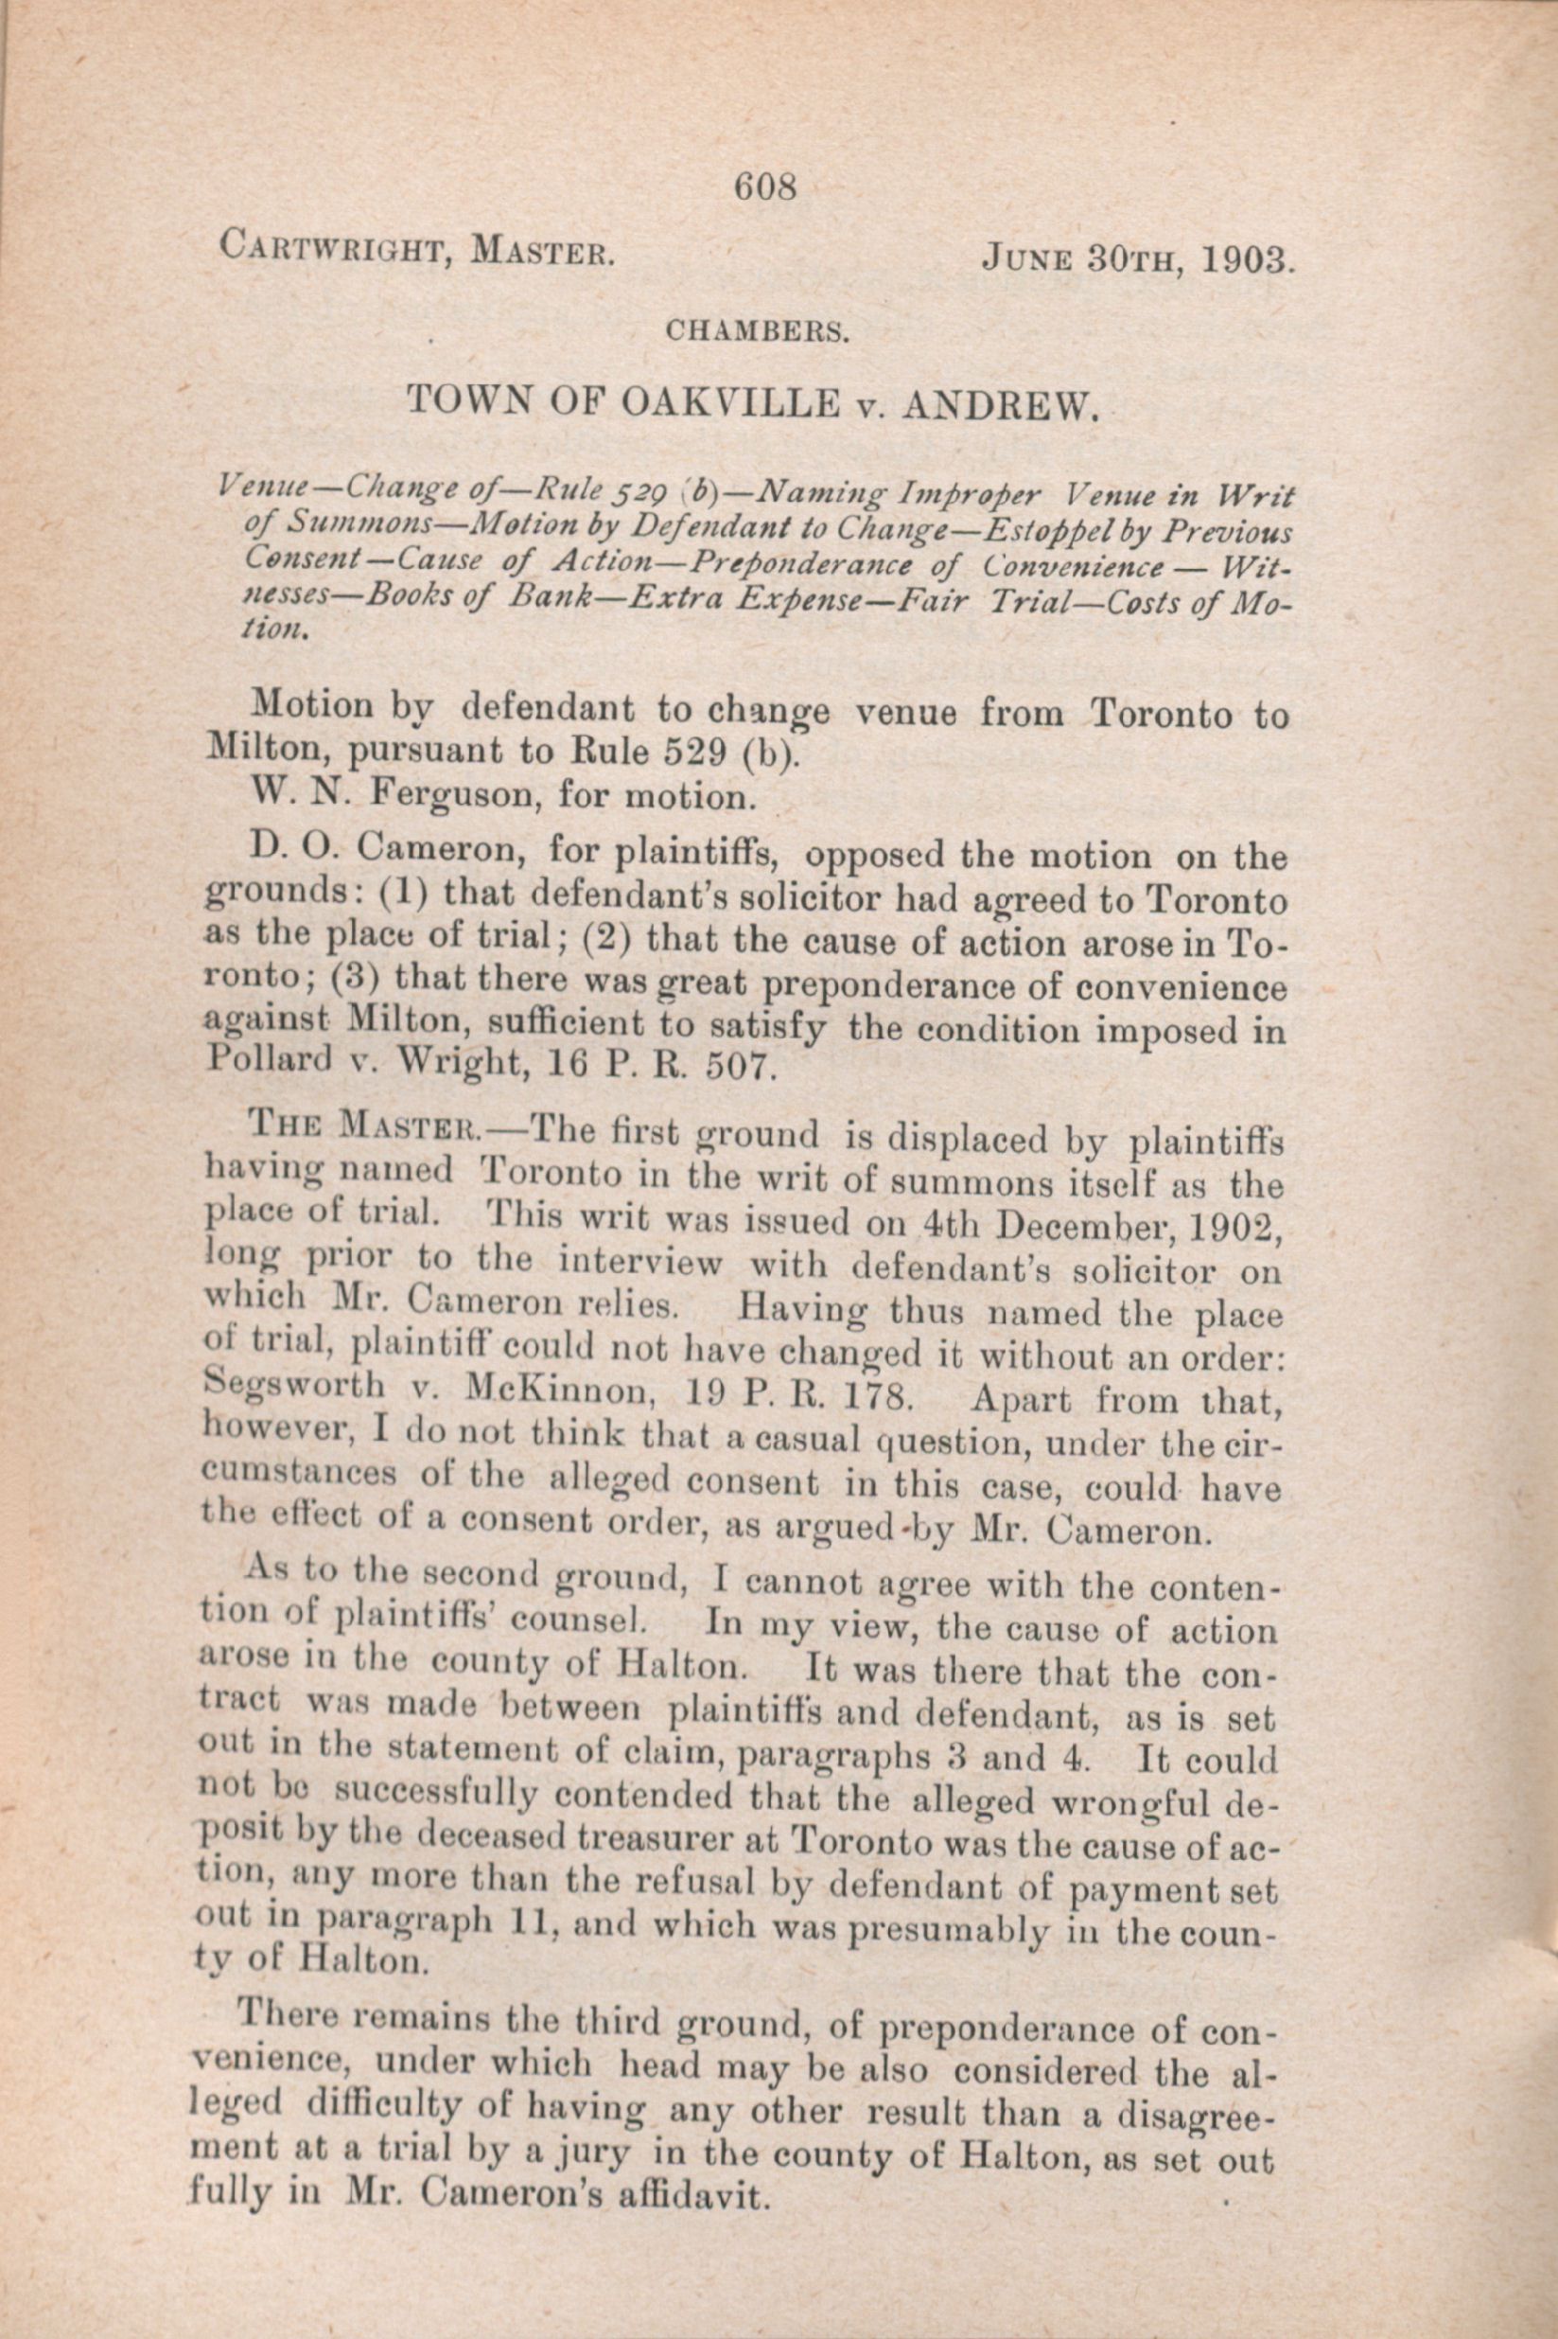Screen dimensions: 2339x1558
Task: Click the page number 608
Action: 766,186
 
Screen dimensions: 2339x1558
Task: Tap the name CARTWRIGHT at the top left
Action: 329,245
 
